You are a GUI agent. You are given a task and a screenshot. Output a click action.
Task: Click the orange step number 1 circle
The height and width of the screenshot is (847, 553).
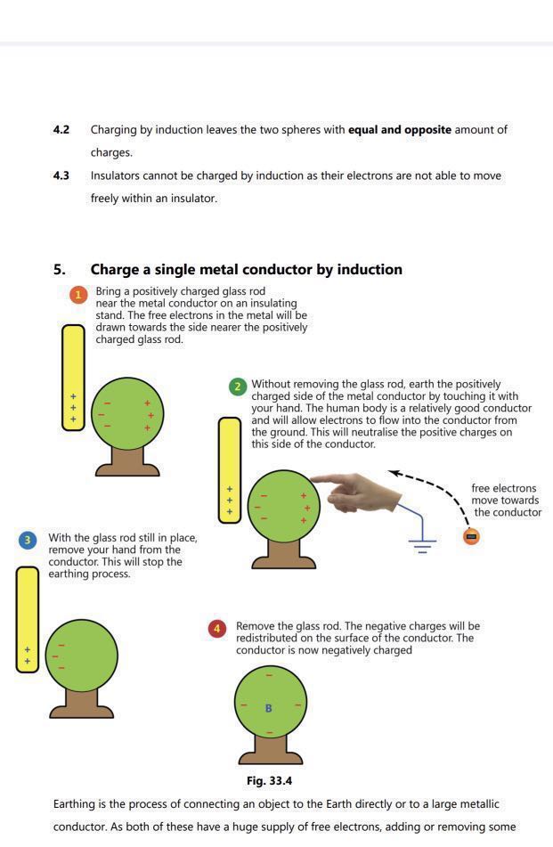[78, 295]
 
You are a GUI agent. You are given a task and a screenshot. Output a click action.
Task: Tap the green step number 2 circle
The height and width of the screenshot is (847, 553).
[237, 387]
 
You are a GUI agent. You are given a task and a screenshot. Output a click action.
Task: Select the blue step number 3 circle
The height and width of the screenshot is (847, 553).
[28, 540]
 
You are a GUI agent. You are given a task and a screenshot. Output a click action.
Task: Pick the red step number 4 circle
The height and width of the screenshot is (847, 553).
[216, 629]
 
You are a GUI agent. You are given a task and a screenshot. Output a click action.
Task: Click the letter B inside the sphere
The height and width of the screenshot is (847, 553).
[269, 708]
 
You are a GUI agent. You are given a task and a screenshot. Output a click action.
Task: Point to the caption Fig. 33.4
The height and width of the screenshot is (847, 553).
[269, 781]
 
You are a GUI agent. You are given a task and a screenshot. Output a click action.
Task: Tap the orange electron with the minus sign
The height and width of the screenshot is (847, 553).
[471, 536]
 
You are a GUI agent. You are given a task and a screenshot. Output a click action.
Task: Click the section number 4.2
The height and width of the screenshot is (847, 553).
[61, 130]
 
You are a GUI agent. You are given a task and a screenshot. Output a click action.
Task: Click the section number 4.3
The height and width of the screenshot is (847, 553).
[61, 176]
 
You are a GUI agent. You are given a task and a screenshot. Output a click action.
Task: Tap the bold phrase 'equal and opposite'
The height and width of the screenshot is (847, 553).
[399, 130]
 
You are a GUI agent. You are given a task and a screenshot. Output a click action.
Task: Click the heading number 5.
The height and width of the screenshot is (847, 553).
[59, 270]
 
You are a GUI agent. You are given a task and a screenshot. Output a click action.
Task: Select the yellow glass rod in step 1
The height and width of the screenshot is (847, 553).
[73, 377]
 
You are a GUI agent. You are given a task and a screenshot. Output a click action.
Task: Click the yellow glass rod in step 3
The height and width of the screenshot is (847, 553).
[28, 619]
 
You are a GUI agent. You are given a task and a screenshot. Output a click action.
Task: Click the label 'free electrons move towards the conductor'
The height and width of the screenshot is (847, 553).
[506, 500]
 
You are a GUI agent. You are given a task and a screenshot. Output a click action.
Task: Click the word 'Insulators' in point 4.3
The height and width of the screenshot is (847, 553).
[118, 176]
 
